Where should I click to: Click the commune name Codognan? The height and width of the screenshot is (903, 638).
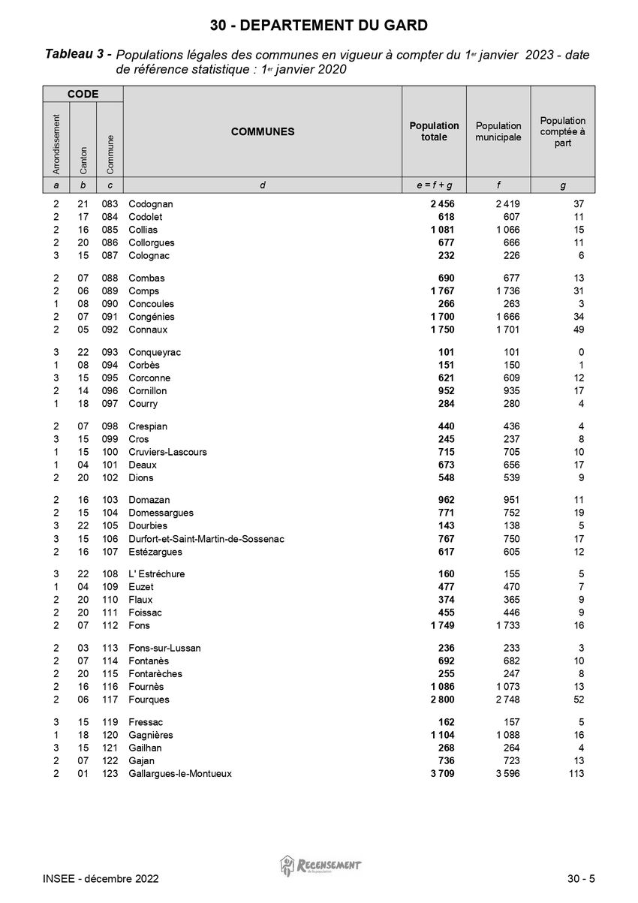(151, 204)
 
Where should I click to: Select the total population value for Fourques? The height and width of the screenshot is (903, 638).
(442, 700)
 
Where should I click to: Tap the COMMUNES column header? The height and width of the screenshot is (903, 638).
(263, 132)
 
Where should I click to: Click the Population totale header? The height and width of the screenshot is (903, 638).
(434, 131)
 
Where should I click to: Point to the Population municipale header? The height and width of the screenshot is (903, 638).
(498, 131)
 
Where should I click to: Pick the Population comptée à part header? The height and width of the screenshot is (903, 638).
(563, 131)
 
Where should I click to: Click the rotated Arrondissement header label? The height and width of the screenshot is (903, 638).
(56, 140)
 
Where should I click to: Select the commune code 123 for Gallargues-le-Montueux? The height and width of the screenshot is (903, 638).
(110, 774)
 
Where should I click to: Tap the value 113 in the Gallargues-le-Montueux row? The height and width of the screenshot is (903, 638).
(575, 774)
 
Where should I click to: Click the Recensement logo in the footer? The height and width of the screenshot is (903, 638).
(321, 865)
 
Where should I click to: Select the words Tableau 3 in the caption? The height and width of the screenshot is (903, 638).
(79, 54)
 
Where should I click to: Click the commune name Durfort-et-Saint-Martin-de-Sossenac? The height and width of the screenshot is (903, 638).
(206, 539)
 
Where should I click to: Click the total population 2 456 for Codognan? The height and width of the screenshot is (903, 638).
(442, 204)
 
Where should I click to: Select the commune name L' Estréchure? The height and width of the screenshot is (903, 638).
(157, 574)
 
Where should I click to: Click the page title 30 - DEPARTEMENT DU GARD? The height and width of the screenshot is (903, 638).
(319, 26)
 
